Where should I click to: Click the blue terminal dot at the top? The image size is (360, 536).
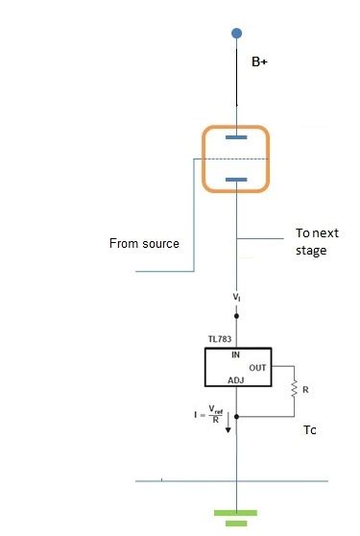coord(236,34)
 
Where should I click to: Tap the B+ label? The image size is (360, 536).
coord(259,61)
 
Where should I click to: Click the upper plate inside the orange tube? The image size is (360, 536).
coord(236,137)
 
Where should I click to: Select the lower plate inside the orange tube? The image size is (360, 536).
coord(236,179)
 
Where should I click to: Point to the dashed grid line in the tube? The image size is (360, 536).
coord(235,158)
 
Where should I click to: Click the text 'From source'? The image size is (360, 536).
coord(144,243)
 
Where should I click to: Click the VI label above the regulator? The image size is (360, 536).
coord(236,298)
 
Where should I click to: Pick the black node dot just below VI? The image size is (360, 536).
coord(236,315)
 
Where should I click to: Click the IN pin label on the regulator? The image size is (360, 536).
coord(235,353)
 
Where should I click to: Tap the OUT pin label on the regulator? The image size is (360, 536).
coord(257,367)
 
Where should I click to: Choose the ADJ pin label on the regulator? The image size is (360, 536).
coord(236,380)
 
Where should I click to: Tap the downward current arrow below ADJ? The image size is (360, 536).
coord(228,426)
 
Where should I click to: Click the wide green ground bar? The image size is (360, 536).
coord(236,512)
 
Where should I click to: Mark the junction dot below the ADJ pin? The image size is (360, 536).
coord(236,417)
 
